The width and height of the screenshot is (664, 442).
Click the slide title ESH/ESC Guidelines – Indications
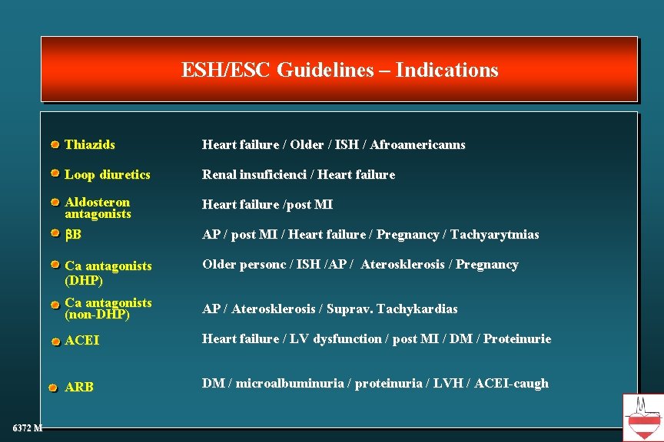[340, 71]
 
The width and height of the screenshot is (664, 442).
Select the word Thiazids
[90, 144]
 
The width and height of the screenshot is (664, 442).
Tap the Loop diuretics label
[108, 174]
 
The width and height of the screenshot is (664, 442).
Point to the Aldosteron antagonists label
[98, 208]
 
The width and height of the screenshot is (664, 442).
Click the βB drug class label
[73, 234]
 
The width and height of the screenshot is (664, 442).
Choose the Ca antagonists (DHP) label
[108, 272]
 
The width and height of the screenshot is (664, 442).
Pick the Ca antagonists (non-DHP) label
[108, 308]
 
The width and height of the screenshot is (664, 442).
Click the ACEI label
[82, 340]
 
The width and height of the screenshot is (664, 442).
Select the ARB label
[79, 388]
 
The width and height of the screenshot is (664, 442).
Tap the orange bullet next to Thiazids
[55, 144]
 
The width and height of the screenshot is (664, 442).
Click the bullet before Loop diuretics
[55, 173]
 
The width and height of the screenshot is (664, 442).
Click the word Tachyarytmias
[495, 234]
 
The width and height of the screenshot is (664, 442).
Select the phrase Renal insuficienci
[253, 174]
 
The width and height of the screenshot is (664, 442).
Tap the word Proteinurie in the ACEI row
[517, 338]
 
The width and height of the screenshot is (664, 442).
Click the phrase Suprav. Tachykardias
[392, 308]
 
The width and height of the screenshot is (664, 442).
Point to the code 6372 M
[27, 427]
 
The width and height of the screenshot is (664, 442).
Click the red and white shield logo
[642, 417]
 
